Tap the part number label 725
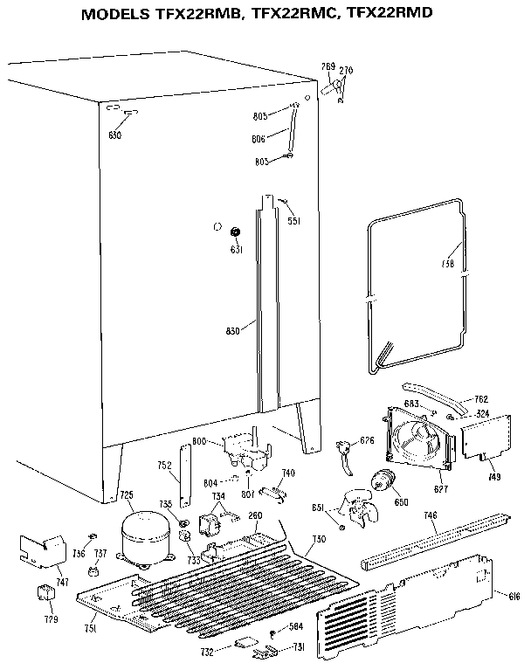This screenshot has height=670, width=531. click(x=127, y=495)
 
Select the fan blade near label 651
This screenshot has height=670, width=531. click(x=361, y=511)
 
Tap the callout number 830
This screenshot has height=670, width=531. click(x=231, y=330)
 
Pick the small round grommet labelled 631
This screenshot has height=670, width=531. click(x=235, y=232)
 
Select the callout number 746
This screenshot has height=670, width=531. click(x=430, y=516)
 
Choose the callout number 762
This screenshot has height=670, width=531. click(x=480, y=399)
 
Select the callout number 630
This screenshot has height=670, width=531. click(x=115, y=135)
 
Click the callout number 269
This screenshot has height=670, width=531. click(x=328, y=66)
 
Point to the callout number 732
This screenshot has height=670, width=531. click(x=207, y=652)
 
